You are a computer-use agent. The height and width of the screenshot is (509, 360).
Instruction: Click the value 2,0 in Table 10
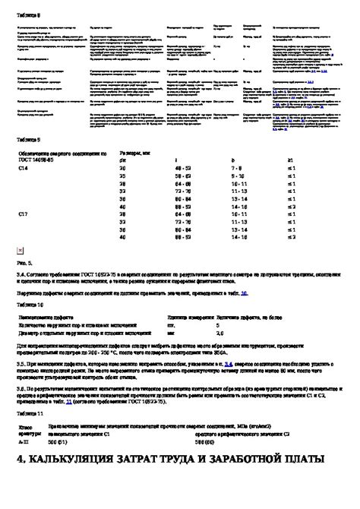(219, 333)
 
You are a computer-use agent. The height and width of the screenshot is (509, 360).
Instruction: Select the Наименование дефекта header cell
(46, 317)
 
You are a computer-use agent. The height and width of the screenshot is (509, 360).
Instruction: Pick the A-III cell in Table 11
(23, 441)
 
